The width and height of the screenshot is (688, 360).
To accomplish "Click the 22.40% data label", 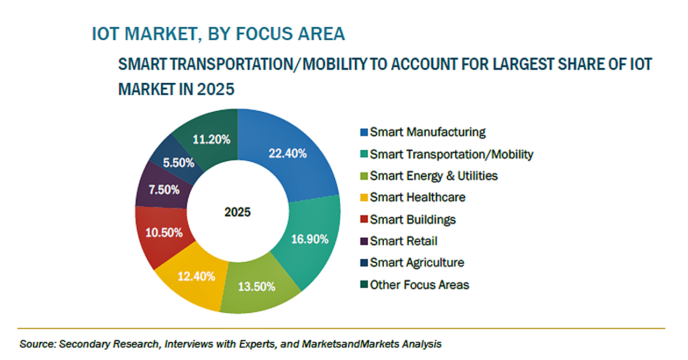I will tap(288, 154).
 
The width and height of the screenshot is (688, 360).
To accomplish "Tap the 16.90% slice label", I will tap(309, 239).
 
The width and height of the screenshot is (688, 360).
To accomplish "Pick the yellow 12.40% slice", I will tap(196, 277).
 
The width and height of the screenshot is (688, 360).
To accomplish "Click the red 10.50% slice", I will tap(163, 233).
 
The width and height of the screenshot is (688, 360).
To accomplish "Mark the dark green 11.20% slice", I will tap(211, 140).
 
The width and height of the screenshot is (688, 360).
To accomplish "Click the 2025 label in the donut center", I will tap(238, 212).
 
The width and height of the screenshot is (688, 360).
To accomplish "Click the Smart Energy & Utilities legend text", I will tap(434, 176).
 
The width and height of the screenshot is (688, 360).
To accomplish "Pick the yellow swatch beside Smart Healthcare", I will tap(364, 198).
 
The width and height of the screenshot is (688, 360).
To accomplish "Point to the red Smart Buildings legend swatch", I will tap(364, 220).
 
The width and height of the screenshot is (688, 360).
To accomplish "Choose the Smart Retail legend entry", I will tap(403, 241).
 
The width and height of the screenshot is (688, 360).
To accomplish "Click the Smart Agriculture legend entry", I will tap(417, 263).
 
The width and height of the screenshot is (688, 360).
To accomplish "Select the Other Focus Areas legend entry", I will tap(419, 285).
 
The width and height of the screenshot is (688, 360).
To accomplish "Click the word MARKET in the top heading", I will tap(158, 34).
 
